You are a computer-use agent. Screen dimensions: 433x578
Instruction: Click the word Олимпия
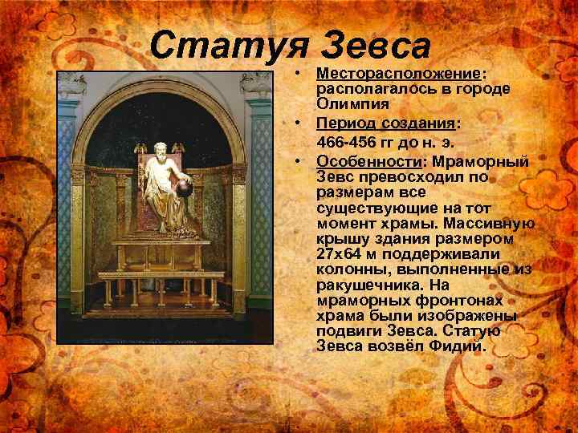(352, 104)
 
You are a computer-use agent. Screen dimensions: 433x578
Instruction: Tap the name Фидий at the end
(458, 346)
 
